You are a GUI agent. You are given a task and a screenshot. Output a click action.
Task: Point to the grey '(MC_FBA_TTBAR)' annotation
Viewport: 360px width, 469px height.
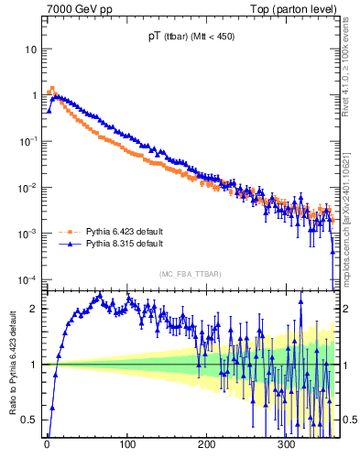[x=190, y=274]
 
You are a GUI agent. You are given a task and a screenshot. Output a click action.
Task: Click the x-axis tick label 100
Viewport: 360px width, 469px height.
[x=127, y=444]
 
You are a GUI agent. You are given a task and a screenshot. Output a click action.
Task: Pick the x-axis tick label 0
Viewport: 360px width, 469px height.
[x=47, y=444]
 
